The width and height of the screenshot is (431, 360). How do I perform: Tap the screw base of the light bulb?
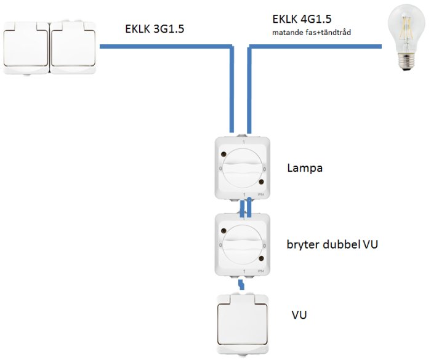[406, 62]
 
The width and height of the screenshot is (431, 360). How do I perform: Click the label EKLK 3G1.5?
[155, 28]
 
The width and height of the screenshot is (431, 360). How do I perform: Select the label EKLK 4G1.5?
[302, 19]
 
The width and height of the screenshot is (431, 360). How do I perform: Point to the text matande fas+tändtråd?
[312, 33]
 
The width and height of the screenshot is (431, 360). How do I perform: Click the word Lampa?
[305, 168]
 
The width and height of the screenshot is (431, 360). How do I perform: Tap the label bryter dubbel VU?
[332, 244]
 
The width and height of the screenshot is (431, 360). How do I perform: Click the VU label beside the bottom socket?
[299, 314]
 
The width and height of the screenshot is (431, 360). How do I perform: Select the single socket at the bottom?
[243, 325]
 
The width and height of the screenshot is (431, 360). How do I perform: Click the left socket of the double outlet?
[26, 47]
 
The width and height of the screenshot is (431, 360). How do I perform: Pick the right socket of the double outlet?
[73, 47]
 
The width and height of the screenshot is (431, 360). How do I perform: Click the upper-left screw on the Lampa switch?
[224, 154]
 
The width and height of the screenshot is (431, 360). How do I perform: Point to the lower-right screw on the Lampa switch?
[261, 182]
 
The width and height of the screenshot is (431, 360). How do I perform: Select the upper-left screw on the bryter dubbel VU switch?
[224, 231]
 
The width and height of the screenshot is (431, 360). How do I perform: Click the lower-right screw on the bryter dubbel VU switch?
[261, 258]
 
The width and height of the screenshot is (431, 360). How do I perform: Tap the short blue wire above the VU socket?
[241, 284]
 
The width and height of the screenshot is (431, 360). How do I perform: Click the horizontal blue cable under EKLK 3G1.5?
[165, 47]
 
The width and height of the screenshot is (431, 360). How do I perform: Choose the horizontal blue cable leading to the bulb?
[315, 47]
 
